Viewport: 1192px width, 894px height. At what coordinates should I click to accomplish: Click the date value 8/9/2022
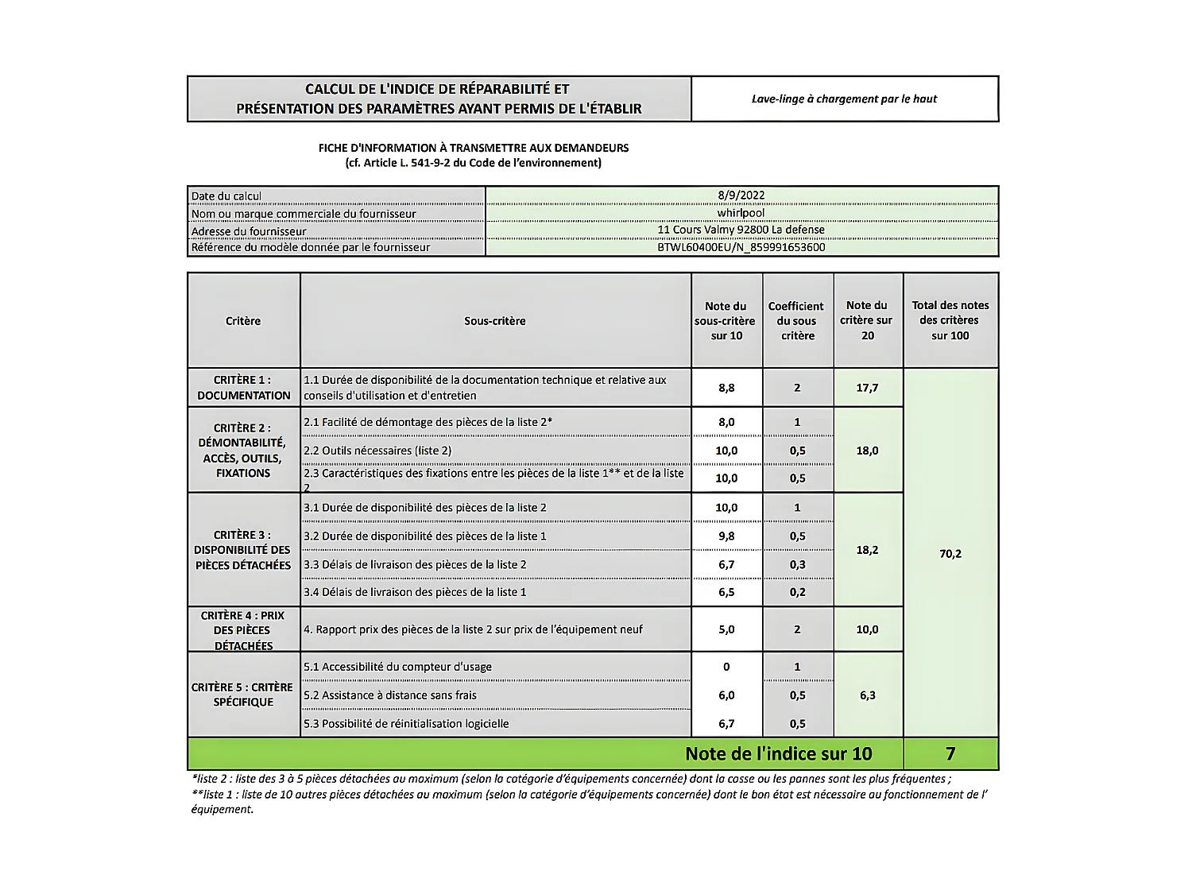(x=741, y=195)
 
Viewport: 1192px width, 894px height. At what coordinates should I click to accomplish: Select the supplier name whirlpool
(x=741, y=213)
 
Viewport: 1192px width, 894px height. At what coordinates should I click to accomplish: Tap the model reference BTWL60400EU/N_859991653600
(x=741, y=247)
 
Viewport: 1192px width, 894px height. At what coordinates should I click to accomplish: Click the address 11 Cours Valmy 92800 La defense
(x=741, y=230)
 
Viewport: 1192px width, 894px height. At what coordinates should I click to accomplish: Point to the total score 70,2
(x=950, y=553)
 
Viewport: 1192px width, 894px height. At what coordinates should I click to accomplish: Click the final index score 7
(x=950, y=753)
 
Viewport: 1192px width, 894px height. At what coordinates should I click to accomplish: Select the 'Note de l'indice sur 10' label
(x=778, y=753)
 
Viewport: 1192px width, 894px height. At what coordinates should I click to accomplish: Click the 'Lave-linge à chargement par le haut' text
(x=844, y=99)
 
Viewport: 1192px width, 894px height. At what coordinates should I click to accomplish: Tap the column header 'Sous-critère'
(x=495, y=321)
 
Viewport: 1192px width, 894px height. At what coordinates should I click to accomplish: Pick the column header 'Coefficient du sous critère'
(x=797, y=321)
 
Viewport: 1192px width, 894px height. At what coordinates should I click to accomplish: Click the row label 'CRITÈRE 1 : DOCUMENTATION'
(x=243, y=388)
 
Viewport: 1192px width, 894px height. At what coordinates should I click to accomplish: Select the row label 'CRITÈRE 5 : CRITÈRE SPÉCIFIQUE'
(x=243, y=695)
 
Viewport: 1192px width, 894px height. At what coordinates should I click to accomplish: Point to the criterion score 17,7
(x=867, y=388)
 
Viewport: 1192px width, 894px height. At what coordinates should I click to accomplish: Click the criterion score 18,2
(x=867, y=550)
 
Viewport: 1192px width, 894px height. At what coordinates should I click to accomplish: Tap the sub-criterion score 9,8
(x=726, y=536)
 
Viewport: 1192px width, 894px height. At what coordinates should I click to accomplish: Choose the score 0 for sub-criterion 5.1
(x=726, y=667)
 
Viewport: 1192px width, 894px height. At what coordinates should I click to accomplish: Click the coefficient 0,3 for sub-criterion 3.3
(x=797, y=565)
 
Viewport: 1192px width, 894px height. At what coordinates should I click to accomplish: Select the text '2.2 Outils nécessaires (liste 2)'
(x=377, y=451)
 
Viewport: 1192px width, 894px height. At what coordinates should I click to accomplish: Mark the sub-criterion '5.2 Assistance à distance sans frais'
(x=389, y=695)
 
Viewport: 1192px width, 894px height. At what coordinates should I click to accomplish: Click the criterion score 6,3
(x=867, y=695)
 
